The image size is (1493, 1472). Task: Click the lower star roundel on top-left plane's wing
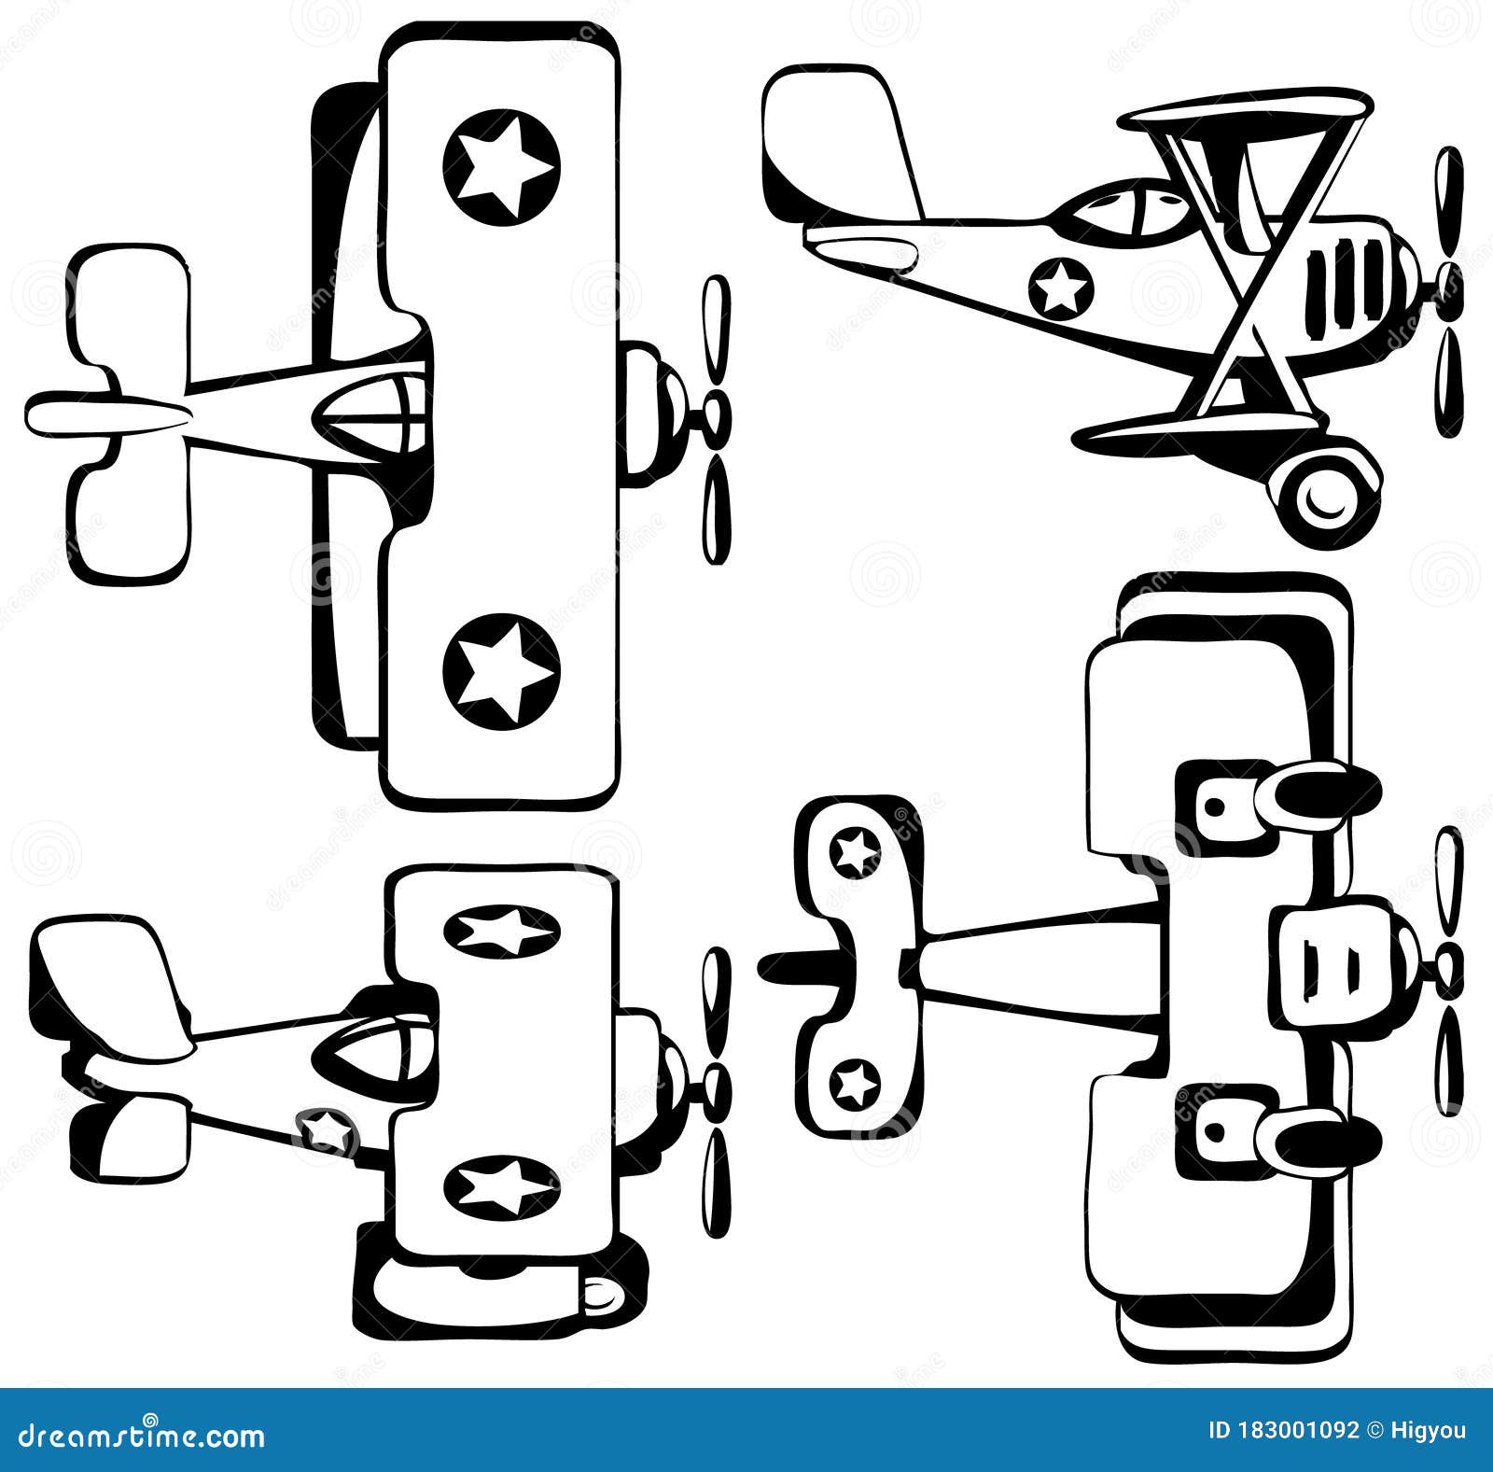coord(501,669)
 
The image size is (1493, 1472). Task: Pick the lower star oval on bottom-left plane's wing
coord(502,1185)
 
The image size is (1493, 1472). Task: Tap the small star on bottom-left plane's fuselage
coord(328,1130)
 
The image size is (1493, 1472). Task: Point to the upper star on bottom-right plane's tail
coord(855,850)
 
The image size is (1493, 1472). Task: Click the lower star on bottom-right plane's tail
coord(855,1085)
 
